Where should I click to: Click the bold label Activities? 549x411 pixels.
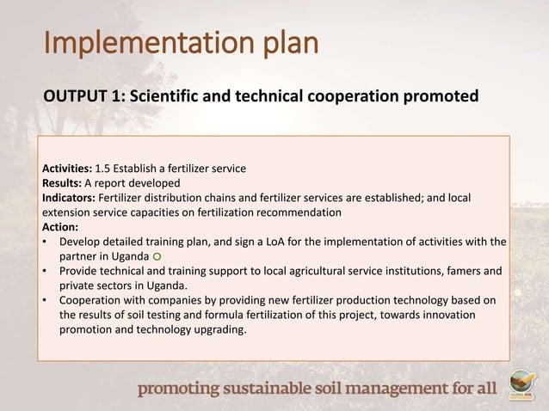(67, 169)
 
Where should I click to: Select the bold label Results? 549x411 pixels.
(62, 183)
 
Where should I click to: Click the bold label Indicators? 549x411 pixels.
(70, 198)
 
